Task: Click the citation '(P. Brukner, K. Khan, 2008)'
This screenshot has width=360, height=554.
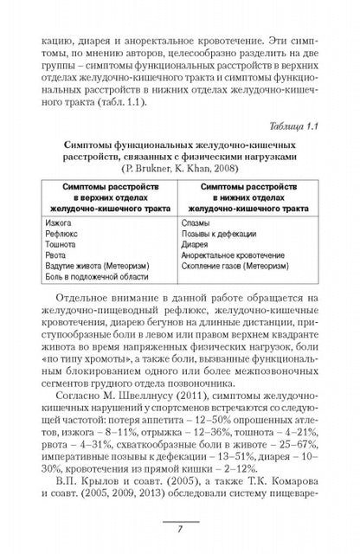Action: (x=180, y=169)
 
